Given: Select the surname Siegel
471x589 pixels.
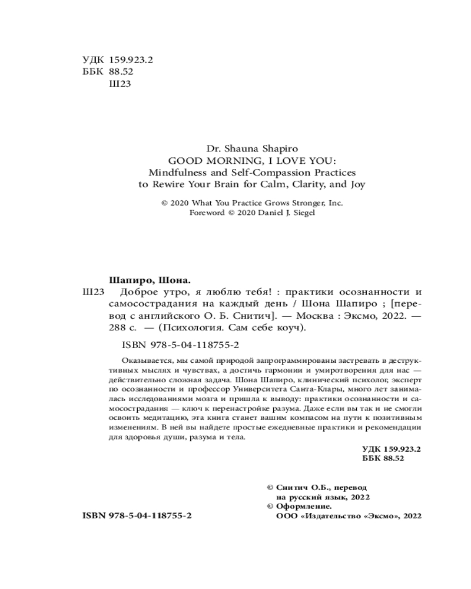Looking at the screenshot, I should [301, 213].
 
